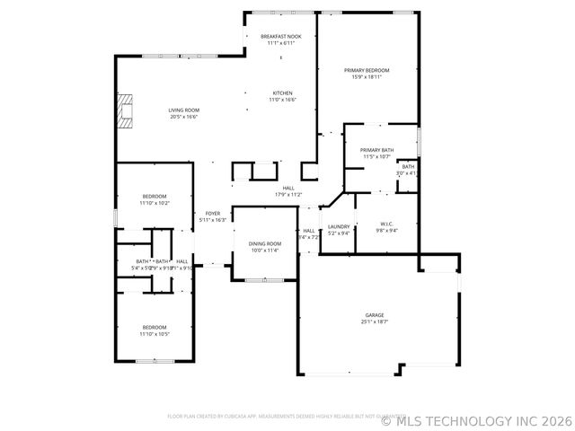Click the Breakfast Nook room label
[281, 36]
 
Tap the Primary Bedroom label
[367, 70]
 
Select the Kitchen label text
[283, 92]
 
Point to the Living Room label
[183, 110]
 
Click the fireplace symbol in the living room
[125, 110]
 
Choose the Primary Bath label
[376, 150]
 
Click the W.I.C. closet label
[387, 225]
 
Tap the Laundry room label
[339, 226]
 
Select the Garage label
[375, 315]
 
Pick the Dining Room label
[265, 244]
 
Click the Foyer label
[212, 214]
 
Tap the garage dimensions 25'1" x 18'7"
[375, 321]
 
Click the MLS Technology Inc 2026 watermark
[476, 419]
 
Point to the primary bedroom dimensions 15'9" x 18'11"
[367, 76]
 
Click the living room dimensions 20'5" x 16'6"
[183, 117]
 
